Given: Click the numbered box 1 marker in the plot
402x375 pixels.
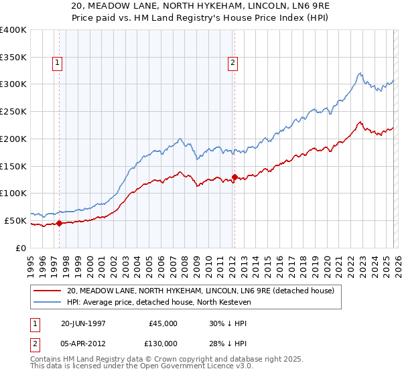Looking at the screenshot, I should point(58,64).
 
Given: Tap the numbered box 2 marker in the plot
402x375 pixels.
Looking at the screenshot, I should point(233,64).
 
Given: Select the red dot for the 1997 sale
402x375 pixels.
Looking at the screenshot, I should point(59,224).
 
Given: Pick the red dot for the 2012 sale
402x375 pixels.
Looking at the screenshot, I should point(234,177).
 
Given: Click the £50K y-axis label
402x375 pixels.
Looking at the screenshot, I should point(15,220).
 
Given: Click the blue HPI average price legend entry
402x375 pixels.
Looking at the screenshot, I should point(158,302).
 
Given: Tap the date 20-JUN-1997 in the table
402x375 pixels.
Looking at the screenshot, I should point(84,323).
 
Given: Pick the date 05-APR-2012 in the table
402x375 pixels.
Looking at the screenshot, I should point(84,344).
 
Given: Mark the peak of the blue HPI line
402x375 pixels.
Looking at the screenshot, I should point(360,73).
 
